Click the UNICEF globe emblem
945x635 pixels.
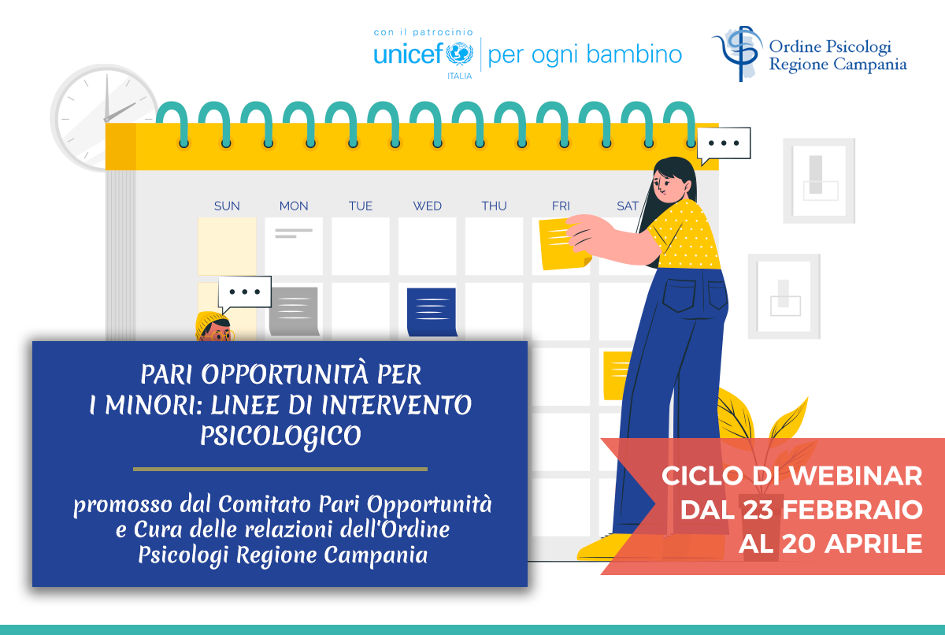click(x=459, y=54)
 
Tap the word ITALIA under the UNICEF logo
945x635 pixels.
click(x=459, y=76)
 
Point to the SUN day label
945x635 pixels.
click(x=227, y=206)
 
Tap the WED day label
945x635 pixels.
click(x=427, y=206)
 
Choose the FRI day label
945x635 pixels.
click(x=561, y=206)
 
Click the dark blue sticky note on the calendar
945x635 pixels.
click(x=432, y=312)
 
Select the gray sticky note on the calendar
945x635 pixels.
click(x=294, y=311)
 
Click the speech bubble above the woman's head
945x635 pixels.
click(x=724, y=144)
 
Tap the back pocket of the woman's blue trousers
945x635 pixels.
click(x=679, y=295)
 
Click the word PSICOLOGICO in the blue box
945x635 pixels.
click(x=280, y=436)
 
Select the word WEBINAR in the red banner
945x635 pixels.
click(x=855, y=476)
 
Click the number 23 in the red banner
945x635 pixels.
click(x=758, y=510)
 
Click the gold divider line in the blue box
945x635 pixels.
click(x=280, y=469)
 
